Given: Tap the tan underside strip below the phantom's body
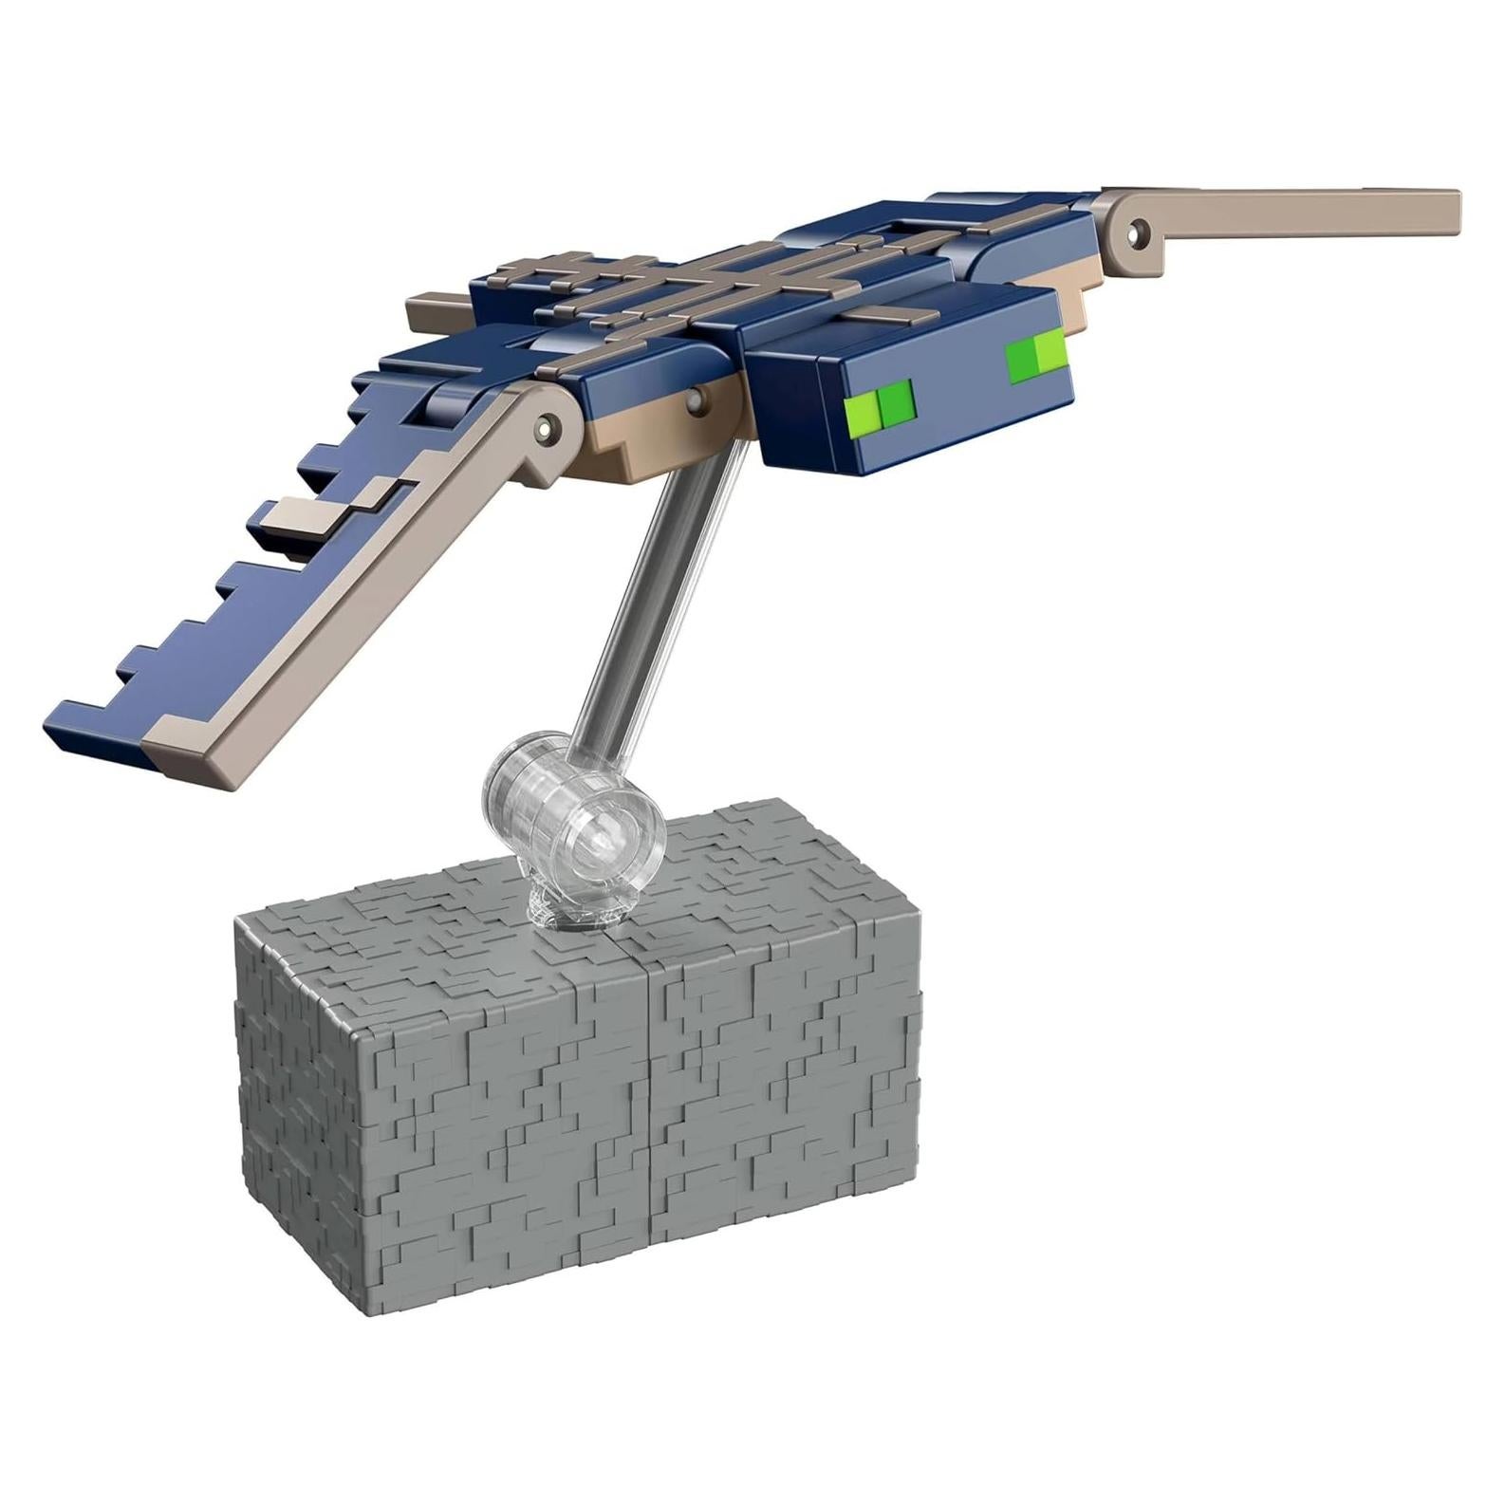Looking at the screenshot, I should tap(664, 427).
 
